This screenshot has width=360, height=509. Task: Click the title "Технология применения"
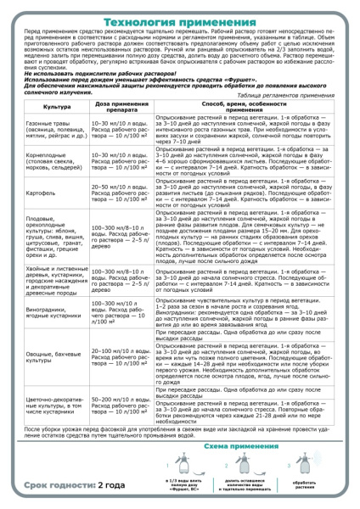coord(179,10)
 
